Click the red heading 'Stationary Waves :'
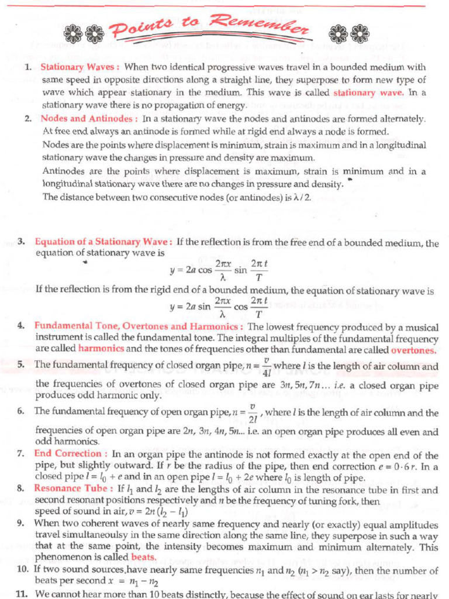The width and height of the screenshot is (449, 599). pos(80,67)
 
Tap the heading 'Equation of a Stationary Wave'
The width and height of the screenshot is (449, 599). pos(103,241)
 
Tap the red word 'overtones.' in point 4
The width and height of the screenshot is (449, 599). pos(413,350)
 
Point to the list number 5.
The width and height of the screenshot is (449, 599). pos(21,364)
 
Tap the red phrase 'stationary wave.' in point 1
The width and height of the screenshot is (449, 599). pos(368,92)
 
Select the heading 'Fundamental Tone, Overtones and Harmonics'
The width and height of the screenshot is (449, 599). pos(136,326)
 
